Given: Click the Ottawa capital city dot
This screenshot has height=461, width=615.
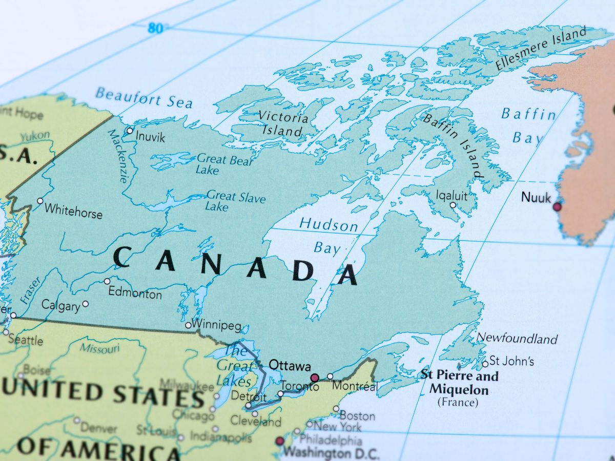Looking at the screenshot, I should [315, 378].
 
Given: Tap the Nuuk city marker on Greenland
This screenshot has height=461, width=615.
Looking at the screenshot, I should [557, 207].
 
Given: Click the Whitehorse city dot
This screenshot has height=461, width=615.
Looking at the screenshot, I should [40, 201].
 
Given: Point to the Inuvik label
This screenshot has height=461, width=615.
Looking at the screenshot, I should [151, 137].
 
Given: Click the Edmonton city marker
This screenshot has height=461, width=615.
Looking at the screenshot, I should [107, 281].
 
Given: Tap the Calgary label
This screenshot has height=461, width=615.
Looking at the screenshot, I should [60, 306].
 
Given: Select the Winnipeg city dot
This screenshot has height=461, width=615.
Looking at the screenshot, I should [188, 325].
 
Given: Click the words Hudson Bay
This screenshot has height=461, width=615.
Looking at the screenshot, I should [328, 236].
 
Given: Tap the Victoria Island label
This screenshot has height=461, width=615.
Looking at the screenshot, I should [283, 123].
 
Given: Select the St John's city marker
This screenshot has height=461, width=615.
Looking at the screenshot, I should [485, 364].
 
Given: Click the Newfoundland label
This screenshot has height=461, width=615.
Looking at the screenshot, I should [517, 339].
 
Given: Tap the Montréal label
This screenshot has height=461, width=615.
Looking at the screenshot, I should [355, 386].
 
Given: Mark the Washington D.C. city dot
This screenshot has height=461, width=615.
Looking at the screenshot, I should [280, 441].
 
